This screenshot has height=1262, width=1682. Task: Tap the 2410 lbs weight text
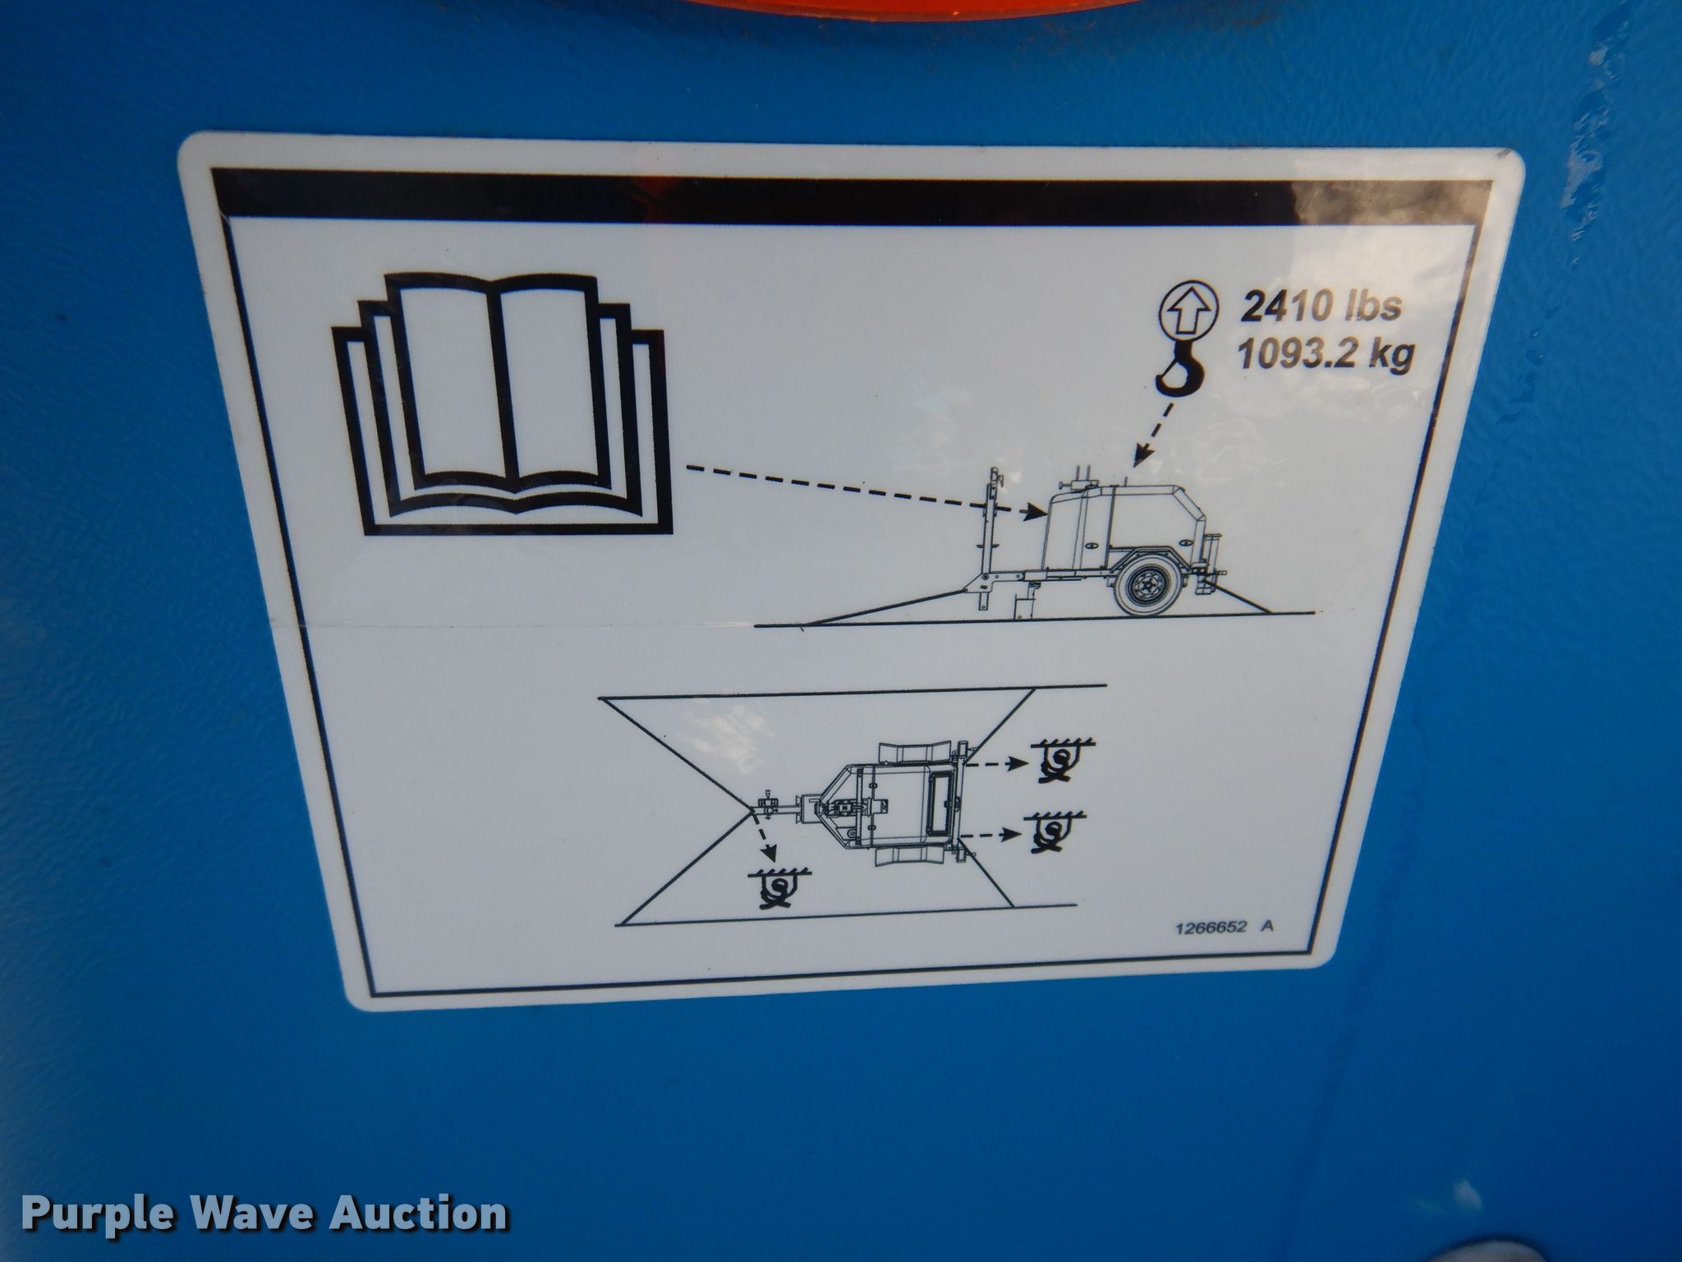coord(1320,306)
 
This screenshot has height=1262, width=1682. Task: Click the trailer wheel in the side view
coord(1147,585)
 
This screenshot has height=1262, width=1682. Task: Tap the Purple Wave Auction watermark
coord(264,1214)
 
